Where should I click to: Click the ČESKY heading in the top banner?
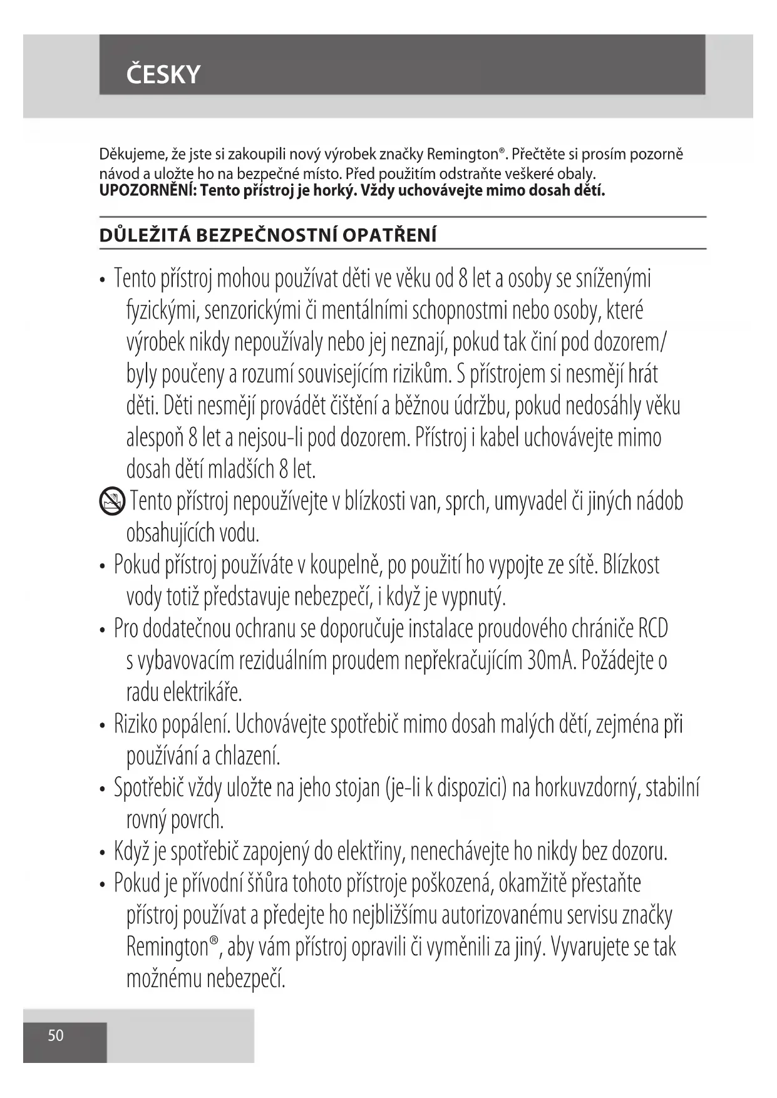click(163, 74)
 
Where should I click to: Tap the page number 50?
click(56, 1035)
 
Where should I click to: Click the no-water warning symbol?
click(112, 503)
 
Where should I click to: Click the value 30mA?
click(551, 660)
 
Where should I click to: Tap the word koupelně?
click(346, 565)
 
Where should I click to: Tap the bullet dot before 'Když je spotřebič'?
click(103, 853)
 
